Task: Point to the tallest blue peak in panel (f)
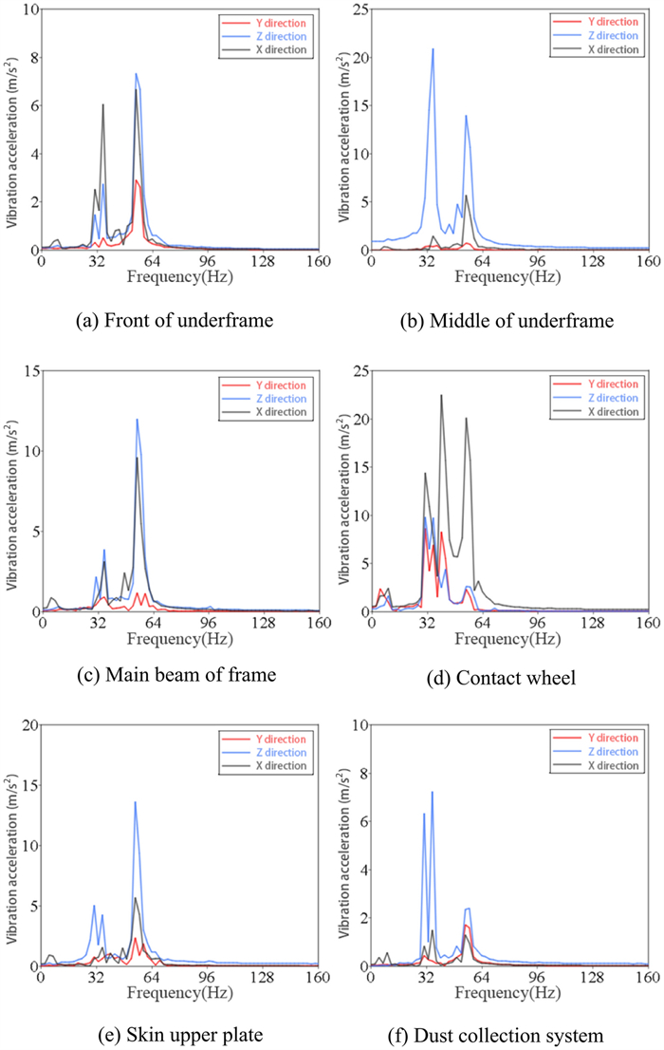point(432,793)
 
